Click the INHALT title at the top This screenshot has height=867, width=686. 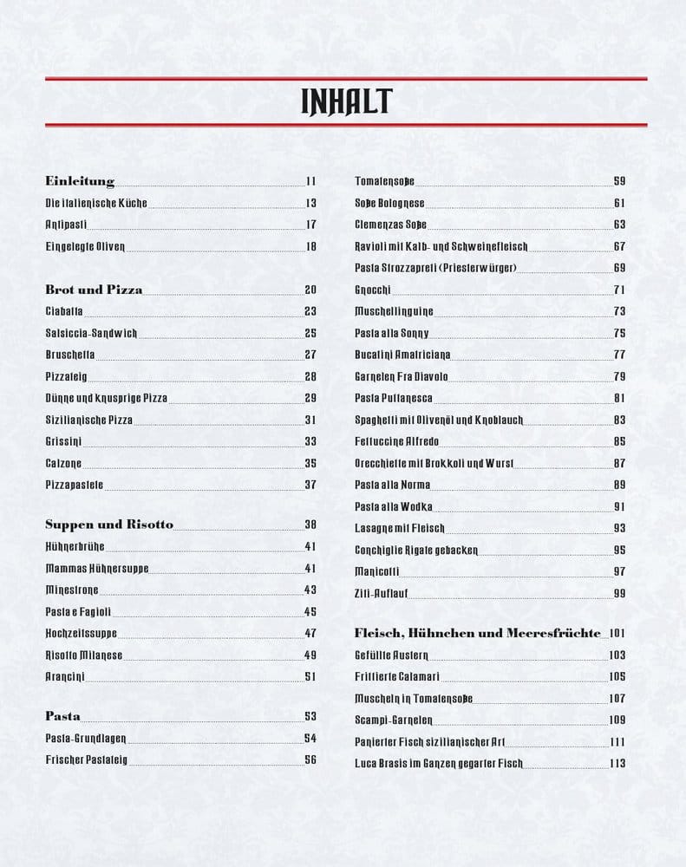346,102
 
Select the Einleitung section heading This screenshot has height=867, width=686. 80,181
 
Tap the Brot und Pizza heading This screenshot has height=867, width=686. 94,290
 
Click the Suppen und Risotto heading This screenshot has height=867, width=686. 109,525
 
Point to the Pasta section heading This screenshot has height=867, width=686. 62,716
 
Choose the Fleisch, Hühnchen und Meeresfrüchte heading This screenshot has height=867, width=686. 477,633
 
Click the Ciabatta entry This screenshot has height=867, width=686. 65,311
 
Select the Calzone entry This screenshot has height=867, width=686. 63,463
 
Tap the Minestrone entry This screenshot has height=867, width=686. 72,590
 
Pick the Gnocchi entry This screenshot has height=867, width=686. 373,290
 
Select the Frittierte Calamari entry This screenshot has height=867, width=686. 393,676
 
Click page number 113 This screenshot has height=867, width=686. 617,763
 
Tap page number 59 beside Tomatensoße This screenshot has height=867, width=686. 619,181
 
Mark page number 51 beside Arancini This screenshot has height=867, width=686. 310,676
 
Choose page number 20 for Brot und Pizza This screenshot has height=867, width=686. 310,290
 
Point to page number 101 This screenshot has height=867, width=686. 617,633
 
